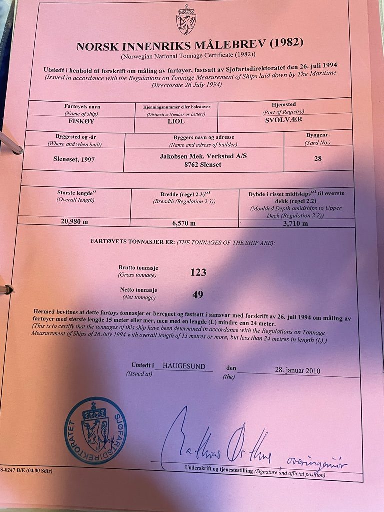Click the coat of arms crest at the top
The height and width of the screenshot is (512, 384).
pyautogui.click(x=186, y=20)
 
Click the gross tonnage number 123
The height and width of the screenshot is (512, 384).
pyautogui.click(x=198, y=272)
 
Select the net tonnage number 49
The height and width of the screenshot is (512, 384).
pyautogui.click(x=198, y=295)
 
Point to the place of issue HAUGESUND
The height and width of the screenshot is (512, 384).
pyautogui.click(x=184, y=366)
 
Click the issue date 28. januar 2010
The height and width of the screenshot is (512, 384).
pyautogui.click(x=297, y=370)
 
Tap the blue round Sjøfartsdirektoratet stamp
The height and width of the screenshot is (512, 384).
pyautogui.click(x=95, y=430)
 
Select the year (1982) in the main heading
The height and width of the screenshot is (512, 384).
pyautogui.click(x=286, y=43)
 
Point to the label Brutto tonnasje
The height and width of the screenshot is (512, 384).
pyautogui.click(x=137, y=268)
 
